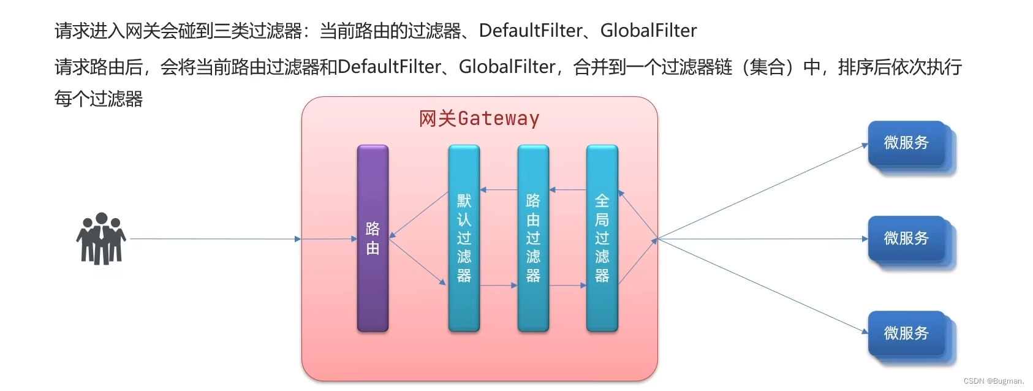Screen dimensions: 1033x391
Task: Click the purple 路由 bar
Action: [x=373, y=238]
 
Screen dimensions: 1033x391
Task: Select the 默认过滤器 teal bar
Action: [x=464, y=238]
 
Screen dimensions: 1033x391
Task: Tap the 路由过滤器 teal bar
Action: [x=533, y=238]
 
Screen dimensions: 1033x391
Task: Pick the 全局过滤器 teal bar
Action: [x=602, y=238]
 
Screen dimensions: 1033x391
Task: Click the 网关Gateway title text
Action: [x=479, y=118]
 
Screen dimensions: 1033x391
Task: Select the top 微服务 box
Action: [x=907, y=143]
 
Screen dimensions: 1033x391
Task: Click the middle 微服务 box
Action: [x=907, y=238]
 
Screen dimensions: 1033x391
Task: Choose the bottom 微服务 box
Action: [x=907, y=333]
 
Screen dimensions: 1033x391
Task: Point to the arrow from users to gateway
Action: [x=214, y=238]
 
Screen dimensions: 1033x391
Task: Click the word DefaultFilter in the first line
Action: [x=531, y=31]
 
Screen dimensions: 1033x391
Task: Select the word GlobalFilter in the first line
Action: [x=648, y=31]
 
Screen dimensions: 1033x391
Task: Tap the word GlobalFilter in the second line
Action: [x=507, y=66]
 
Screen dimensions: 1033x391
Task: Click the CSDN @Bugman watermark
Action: [x=993, y=381]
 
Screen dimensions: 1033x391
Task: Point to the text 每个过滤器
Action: [x=99, y=99]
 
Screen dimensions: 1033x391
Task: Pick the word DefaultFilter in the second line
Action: [x=389, y=66]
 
